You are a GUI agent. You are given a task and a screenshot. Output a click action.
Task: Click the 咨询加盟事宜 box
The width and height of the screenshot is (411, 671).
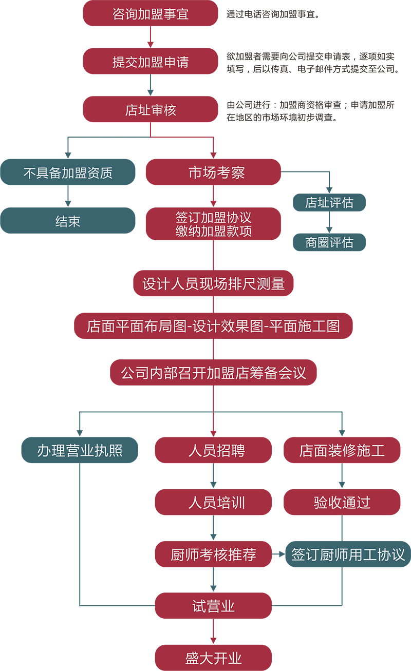tap(150, 13)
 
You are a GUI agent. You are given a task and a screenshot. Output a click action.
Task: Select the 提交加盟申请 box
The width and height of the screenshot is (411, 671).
tap(150, 62)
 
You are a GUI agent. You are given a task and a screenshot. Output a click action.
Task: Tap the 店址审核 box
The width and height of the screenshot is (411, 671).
tap(150, 109)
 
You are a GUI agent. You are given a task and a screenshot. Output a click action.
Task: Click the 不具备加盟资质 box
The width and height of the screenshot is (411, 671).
tap(67, 172)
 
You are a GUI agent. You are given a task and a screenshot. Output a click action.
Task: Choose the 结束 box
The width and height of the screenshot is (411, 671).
tap(67, 221)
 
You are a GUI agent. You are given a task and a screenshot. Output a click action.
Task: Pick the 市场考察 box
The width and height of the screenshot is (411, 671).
tap(213, 172)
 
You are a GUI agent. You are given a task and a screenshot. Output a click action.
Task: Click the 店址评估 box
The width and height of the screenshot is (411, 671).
tap(329, 202)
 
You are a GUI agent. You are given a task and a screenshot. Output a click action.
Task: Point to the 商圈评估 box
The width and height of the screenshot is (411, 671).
tap(329, 242)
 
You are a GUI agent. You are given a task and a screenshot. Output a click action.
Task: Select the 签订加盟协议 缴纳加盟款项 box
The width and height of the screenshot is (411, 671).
tap(213, 224)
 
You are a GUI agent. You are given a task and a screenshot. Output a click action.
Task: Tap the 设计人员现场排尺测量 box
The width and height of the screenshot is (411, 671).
tap(213, 283)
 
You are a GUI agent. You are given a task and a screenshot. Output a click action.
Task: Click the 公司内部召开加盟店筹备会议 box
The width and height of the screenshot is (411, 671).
tap(213, 372)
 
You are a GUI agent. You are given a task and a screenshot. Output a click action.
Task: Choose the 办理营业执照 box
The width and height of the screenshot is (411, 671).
tap(80, 450)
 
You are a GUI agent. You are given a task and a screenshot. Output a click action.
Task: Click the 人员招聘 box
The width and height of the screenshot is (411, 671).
tap(213, 450)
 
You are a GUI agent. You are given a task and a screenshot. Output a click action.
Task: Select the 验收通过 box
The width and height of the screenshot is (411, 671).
tap(342, 502)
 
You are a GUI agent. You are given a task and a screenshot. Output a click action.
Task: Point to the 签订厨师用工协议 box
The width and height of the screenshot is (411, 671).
tap(348, 554)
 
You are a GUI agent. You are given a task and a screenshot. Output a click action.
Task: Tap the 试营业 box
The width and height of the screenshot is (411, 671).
tap(213, 606)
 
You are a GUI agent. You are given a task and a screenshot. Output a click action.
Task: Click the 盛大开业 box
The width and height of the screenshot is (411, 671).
tap(213, 658)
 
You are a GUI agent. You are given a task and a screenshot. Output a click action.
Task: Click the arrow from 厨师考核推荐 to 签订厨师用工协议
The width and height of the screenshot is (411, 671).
tap(278, 554)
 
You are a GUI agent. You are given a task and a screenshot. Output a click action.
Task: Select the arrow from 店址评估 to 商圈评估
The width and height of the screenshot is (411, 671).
tap(329, 222)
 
